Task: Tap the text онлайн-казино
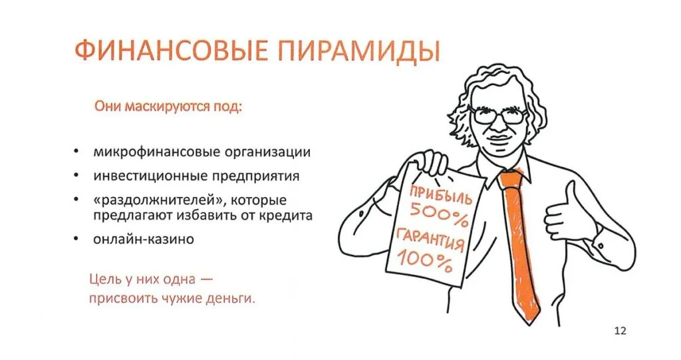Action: [144, 238]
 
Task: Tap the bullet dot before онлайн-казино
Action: [78, 239]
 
